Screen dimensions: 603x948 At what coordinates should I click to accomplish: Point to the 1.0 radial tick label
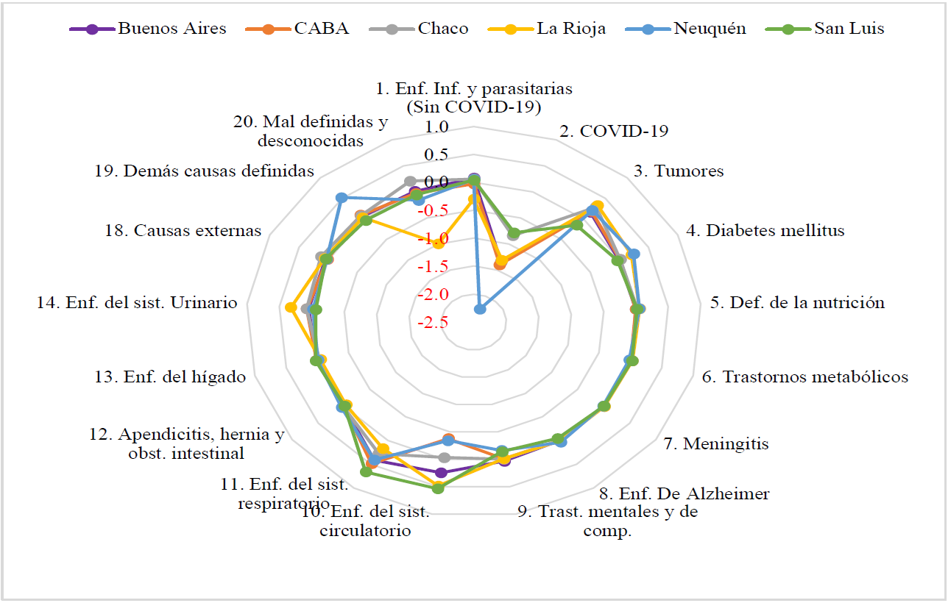click(436, 127)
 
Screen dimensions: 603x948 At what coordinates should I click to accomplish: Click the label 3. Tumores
click(679, 171)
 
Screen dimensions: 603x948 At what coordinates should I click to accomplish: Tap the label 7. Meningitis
click(715, 443)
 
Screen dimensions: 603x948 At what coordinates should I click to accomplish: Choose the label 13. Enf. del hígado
click(170, 377)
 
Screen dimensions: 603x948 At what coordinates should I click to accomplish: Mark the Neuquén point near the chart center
click(480, 309)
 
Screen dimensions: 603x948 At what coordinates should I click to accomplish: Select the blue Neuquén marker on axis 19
click(341, 197)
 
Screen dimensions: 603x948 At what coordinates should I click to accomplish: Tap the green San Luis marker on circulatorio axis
click(438, 488)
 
